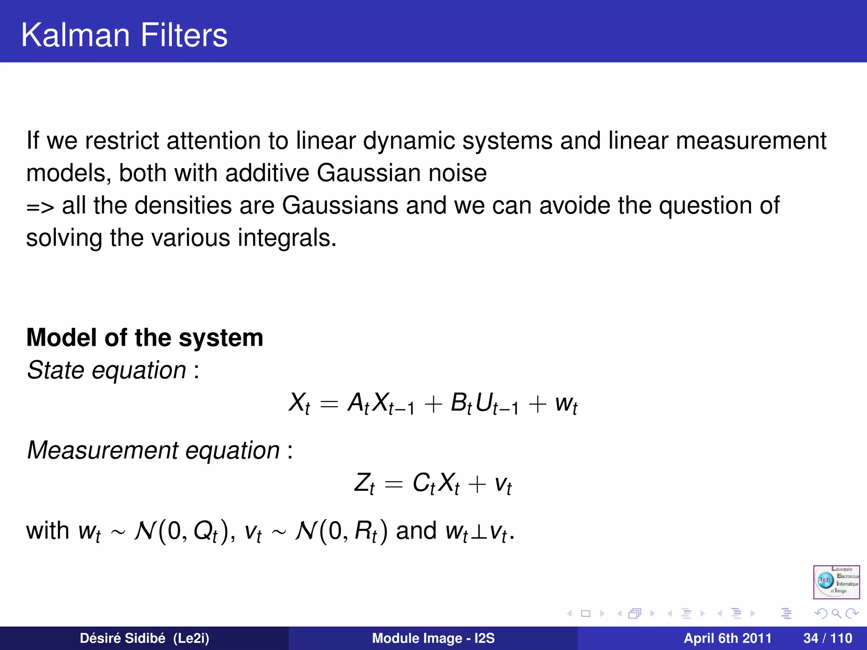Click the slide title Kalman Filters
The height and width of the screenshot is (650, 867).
click(124, 35)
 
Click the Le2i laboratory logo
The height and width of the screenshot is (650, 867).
click(836, 582)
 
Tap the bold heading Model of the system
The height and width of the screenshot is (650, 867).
click(145, 338)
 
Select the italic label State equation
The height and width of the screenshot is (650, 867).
click(107, 370)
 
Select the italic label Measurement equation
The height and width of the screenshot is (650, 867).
click(153, 450)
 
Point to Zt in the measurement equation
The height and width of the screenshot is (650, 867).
click(364, 483)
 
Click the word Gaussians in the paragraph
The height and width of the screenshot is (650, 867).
click(340, 205)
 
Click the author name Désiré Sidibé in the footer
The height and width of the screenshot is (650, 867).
click(123, 638)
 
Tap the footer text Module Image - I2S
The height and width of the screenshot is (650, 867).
click(433, 638)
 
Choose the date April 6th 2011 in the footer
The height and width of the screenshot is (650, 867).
click(727, 638)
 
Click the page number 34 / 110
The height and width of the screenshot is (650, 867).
click(828, 638)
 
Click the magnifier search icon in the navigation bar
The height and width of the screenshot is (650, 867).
click(836, 613)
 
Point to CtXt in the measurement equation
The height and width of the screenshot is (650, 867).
click(436, 483)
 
